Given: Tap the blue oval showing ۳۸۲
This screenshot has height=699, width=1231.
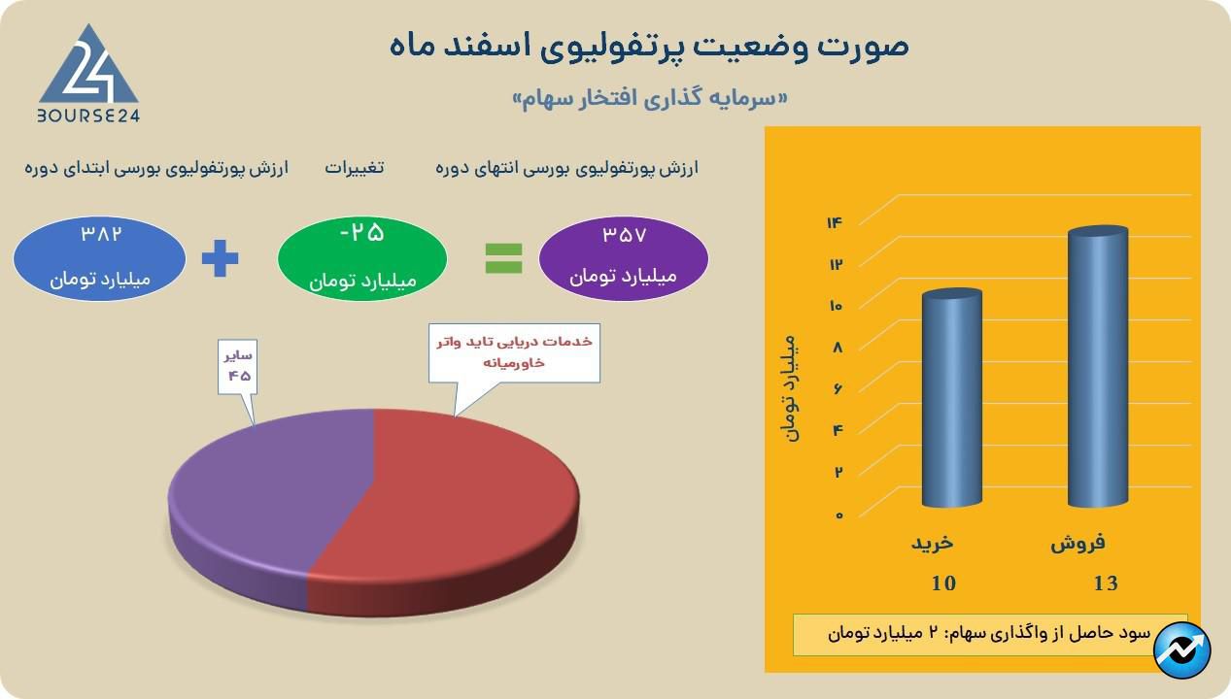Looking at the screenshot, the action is click(99, 258).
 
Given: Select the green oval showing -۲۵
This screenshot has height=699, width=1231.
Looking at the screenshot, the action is click(362, 258).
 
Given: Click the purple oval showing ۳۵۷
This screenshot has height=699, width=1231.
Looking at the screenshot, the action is click(623, 258).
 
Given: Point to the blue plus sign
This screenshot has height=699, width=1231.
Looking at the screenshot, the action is click(221, 258).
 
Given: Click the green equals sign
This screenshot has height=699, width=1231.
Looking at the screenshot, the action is click(503, 258).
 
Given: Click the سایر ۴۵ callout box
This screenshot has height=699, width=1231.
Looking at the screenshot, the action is click(237, 367).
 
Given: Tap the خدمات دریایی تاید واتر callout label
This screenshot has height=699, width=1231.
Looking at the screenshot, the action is click(514, 352).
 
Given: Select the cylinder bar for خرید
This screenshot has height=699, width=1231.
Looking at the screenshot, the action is click(952, 397).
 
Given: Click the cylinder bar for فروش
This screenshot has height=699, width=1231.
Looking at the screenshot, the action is click(1098, 366).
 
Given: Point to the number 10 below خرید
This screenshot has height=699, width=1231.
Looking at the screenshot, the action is click(943, 583).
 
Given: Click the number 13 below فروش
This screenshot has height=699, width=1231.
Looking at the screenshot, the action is click(1106, 583).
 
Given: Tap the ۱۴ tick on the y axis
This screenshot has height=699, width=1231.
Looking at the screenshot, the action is click(835, 222).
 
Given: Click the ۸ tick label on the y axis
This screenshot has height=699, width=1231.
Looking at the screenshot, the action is click(838, 347).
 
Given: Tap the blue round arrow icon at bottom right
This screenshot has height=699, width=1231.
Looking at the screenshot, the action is click(1182, 650).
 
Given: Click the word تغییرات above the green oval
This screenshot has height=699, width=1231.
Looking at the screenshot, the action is click(355, 168).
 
